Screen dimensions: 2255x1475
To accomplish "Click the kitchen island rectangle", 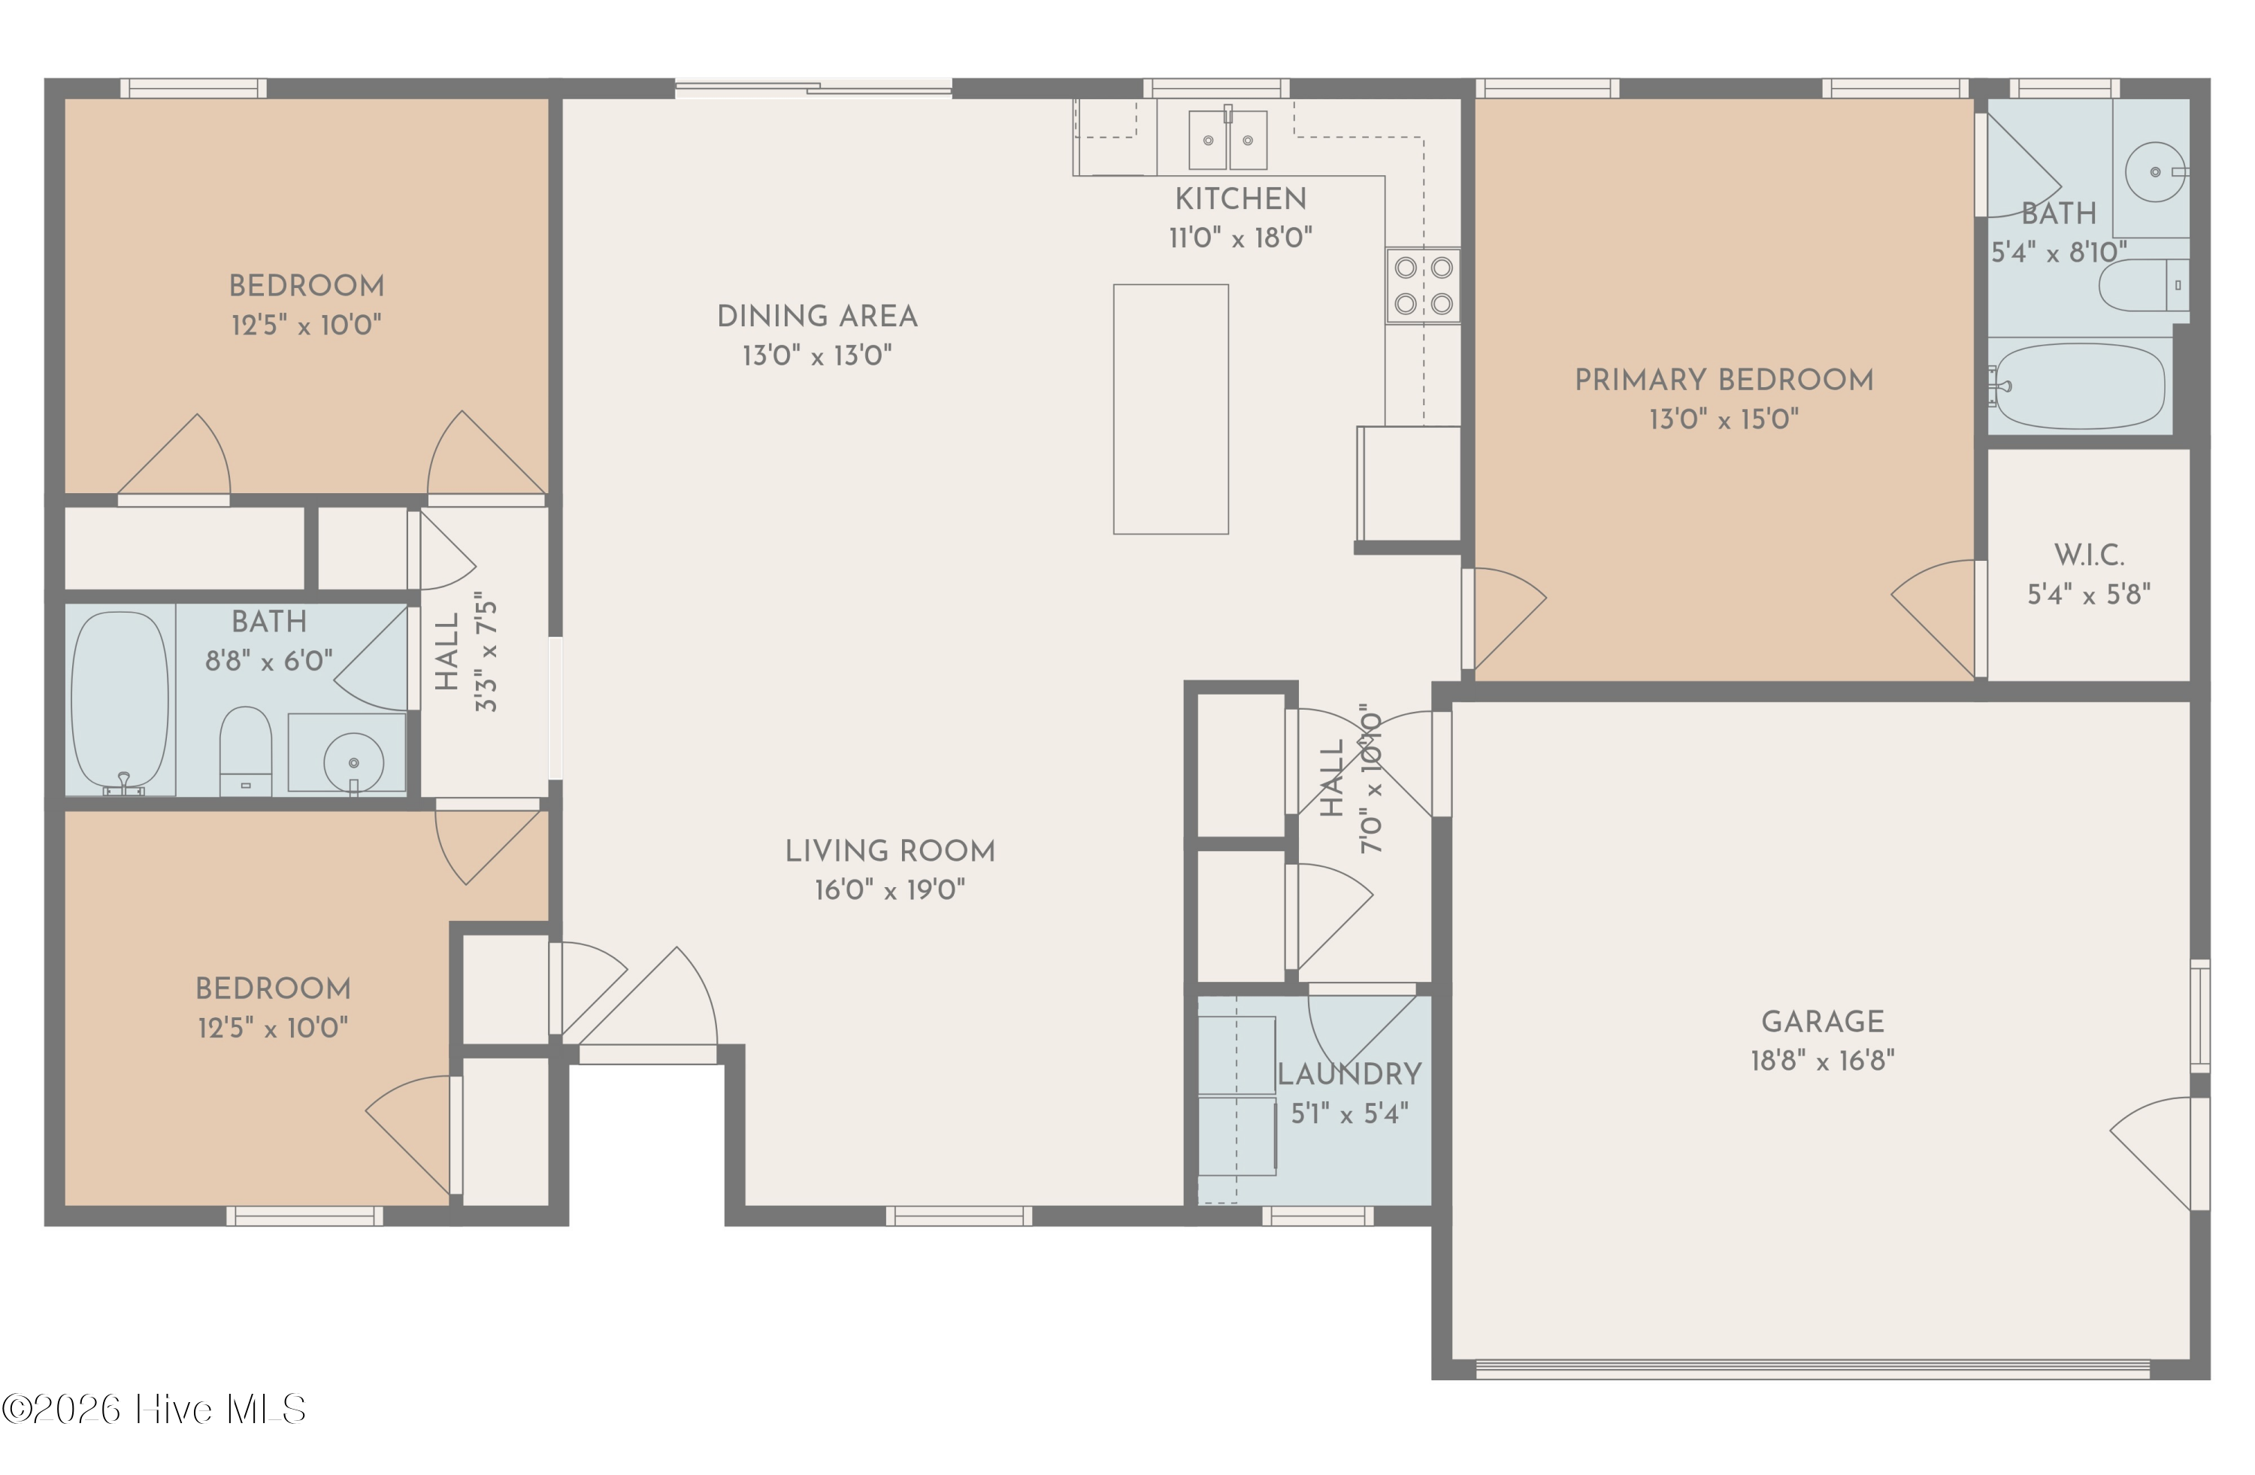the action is click(x=1170, y=409).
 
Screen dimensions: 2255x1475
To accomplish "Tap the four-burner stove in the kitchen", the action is click(x=1423, y=285).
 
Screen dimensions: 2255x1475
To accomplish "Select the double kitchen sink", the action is click(x=1228, y=138).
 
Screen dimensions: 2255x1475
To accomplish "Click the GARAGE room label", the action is click(x=1822, y=1021).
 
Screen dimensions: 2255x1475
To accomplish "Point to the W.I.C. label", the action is click(x=2088, y=555).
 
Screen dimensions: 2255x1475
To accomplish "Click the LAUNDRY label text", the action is click(x=1349, y=1074).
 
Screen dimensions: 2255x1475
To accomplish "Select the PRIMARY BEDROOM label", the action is click(x=1724, y=380).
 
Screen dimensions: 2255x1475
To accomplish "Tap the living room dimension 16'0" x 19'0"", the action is click(x=890, y=889).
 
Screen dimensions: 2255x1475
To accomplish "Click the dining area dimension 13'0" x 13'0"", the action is click(x=817, y=356).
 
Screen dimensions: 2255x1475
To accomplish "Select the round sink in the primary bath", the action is click(x=2156, y=171).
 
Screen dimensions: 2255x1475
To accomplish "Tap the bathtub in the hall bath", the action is click(x=120, y=703).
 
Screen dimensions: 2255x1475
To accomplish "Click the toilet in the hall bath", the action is click(x=245, y=751).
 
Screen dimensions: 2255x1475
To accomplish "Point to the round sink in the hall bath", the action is click(x=353, y=762).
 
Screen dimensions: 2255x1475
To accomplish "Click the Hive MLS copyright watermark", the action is click(x=153, y=1410).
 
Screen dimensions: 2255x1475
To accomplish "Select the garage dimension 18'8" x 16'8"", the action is click(x=1822, y=1060).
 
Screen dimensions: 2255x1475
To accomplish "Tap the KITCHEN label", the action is click(x=1240, y=199).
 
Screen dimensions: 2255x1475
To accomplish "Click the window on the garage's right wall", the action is click(x=2200, y=1016).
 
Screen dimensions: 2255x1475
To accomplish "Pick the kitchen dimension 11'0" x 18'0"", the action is click(x=1240, y=237).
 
